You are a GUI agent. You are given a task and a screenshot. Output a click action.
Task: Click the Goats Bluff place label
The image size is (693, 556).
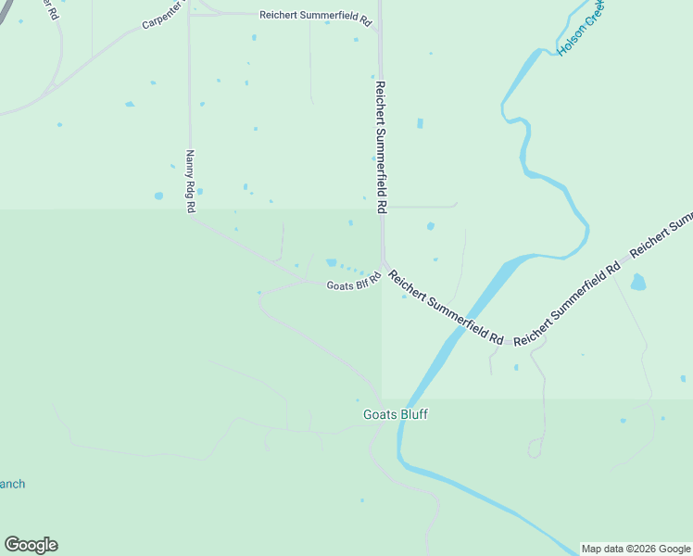pos(395,415)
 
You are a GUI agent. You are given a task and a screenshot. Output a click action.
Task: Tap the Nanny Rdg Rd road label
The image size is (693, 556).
pos(190,182)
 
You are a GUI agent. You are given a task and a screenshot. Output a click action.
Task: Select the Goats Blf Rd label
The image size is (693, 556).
pos(354,283)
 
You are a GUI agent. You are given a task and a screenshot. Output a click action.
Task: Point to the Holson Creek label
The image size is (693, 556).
pos(581,28)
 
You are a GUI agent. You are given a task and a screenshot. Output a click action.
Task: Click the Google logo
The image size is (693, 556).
pos(31,545)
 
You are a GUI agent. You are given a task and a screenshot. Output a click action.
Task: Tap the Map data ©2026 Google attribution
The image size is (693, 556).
pos(636,549)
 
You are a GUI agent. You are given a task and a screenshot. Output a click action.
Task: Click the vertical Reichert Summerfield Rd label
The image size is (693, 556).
pos(380,147)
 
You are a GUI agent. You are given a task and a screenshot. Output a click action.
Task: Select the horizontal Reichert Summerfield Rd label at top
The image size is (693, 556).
pos(315,16)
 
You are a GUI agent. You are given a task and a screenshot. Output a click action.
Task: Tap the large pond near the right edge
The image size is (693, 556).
pos(637,282)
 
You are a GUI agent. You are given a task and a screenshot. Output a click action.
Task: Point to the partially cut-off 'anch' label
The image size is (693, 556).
pos(12,484)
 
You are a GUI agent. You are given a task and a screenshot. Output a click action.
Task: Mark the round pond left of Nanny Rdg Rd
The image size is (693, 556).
pos(158,196)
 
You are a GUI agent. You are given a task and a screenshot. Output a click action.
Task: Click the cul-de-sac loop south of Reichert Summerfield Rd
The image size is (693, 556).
pos(534,449)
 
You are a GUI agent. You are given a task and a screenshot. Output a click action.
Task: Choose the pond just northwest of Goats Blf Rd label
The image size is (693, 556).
pos(331,262)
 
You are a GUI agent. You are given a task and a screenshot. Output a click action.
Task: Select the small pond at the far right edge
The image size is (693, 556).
pos(683,378)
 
